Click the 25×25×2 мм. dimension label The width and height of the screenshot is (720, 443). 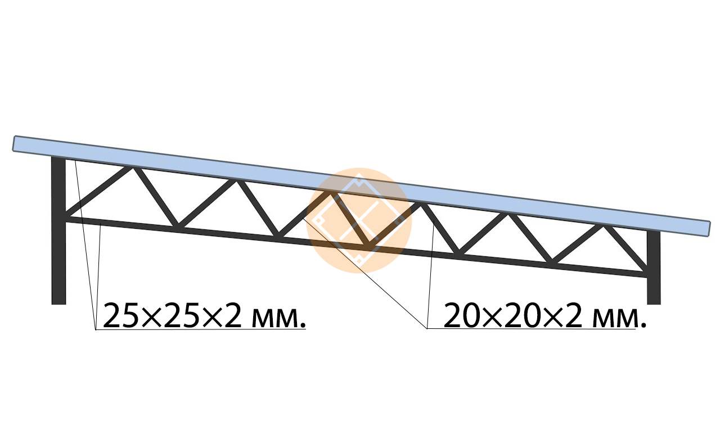pos(204,315)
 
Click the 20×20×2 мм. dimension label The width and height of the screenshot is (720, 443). pos(545,314)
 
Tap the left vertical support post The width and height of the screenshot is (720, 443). pos(58,230)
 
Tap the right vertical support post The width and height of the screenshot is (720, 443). pos(654,267)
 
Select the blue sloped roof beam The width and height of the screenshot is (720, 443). pos(361,186)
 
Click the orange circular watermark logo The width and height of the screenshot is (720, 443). pos(359,220)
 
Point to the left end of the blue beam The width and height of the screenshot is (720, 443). pos(13,143)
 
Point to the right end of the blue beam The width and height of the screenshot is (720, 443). pos(709,229)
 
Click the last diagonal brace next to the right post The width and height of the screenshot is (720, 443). pos(625,247)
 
